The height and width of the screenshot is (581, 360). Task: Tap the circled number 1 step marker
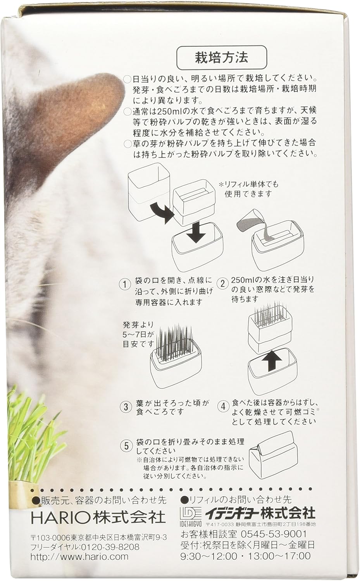[x=125, y=284]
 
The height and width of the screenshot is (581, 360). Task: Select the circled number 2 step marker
[x=222, y=283]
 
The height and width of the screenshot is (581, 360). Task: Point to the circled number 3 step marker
[x=125, y=407]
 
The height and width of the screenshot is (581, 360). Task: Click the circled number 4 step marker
[x=222, y=407]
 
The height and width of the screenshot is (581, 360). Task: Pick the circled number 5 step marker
[x=125, y=445]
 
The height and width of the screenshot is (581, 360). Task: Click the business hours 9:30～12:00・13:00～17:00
[x=246, y=556]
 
